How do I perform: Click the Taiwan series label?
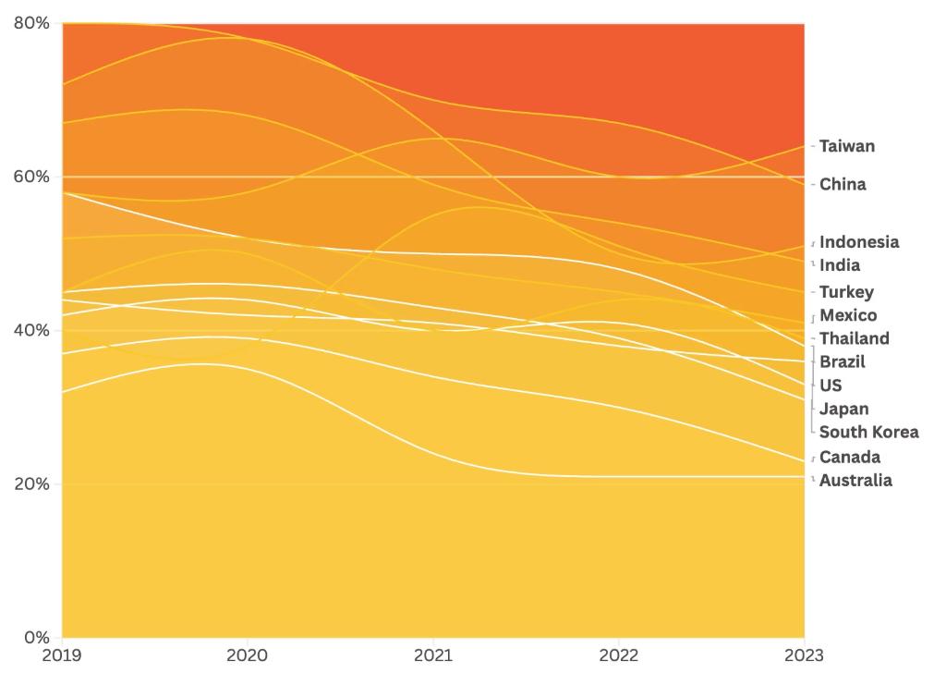[846, 146]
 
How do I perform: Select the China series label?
[843, 184]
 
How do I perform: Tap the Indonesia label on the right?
[858, 242]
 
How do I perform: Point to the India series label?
[839, 265]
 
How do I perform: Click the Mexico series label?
[848, 315]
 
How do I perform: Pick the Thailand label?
[854, 338]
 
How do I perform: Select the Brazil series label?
[842, 361]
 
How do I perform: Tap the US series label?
[831, 385]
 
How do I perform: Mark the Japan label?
[843, 409]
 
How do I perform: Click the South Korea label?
[868, 432]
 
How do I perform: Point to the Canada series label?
[849, 457]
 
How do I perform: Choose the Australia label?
[855, 480]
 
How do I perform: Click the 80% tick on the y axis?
[31, 23]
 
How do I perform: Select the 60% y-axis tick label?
[31, 177]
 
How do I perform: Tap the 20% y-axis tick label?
[31, 484]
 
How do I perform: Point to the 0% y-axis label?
[36, 638]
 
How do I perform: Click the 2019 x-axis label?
[62, 655]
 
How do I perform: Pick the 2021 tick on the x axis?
[433, 655]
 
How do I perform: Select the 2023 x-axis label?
[805, 655]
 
